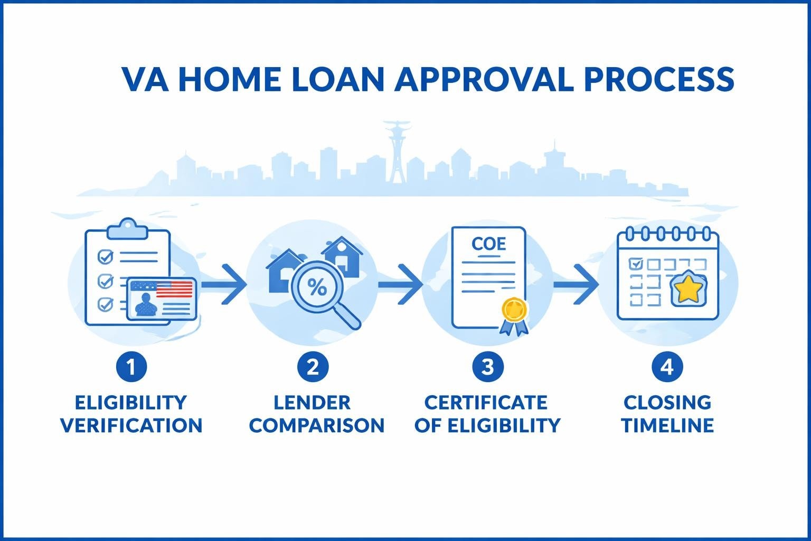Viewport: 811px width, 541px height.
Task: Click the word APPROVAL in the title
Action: (483, 79)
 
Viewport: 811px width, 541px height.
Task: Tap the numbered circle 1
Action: (130, 366)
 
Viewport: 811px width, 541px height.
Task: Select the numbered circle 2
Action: (313, 366)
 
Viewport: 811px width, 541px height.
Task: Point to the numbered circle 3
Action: (487, 366)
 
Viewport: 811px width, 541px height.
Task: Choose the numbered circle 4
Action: (667, 366)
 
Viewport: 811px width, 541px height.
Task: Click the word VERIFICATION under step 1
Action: (131, 425)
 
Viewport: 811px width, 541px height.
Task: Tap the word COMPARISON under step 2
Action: (317, 425)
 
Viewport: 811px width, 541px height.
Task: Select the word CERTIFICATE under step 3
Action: (486, 403)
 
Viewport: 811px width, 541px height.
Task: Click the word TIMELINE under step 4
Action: (667, 425)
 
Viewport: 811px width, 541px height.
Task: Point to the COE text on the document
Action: (488, 244)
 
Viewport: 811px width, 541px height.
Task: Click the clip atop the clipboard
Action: (127, 229)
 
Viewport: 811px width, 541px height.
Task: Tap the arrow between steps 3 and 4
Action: (576, 285)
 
